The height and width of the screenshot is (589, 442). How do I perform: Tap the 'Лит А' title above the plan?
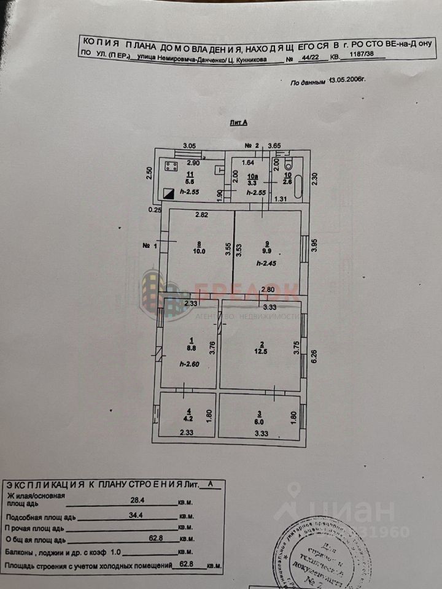pyautogui.click(x=238, y=123)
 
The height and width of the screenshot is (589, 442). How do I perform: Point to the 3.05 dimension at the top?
pyautogui.click(x=190, y=146)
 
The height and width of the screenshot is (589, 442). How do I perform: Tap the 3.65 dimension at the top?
pyautogui.click(x=274, y=146)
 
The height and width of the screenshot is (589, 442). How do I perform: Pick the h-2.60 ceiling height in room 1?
pyautogui.click(x=190, y=364)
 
